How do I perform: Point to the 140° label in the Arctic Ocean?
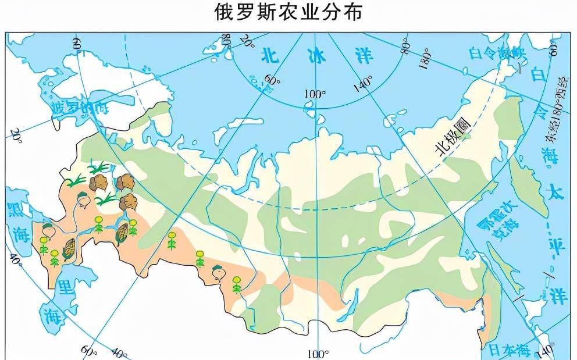(363, 85)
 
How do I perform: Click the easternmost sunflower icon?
(237, 283)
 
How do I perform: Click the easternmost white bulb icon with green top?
(219, 270)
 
